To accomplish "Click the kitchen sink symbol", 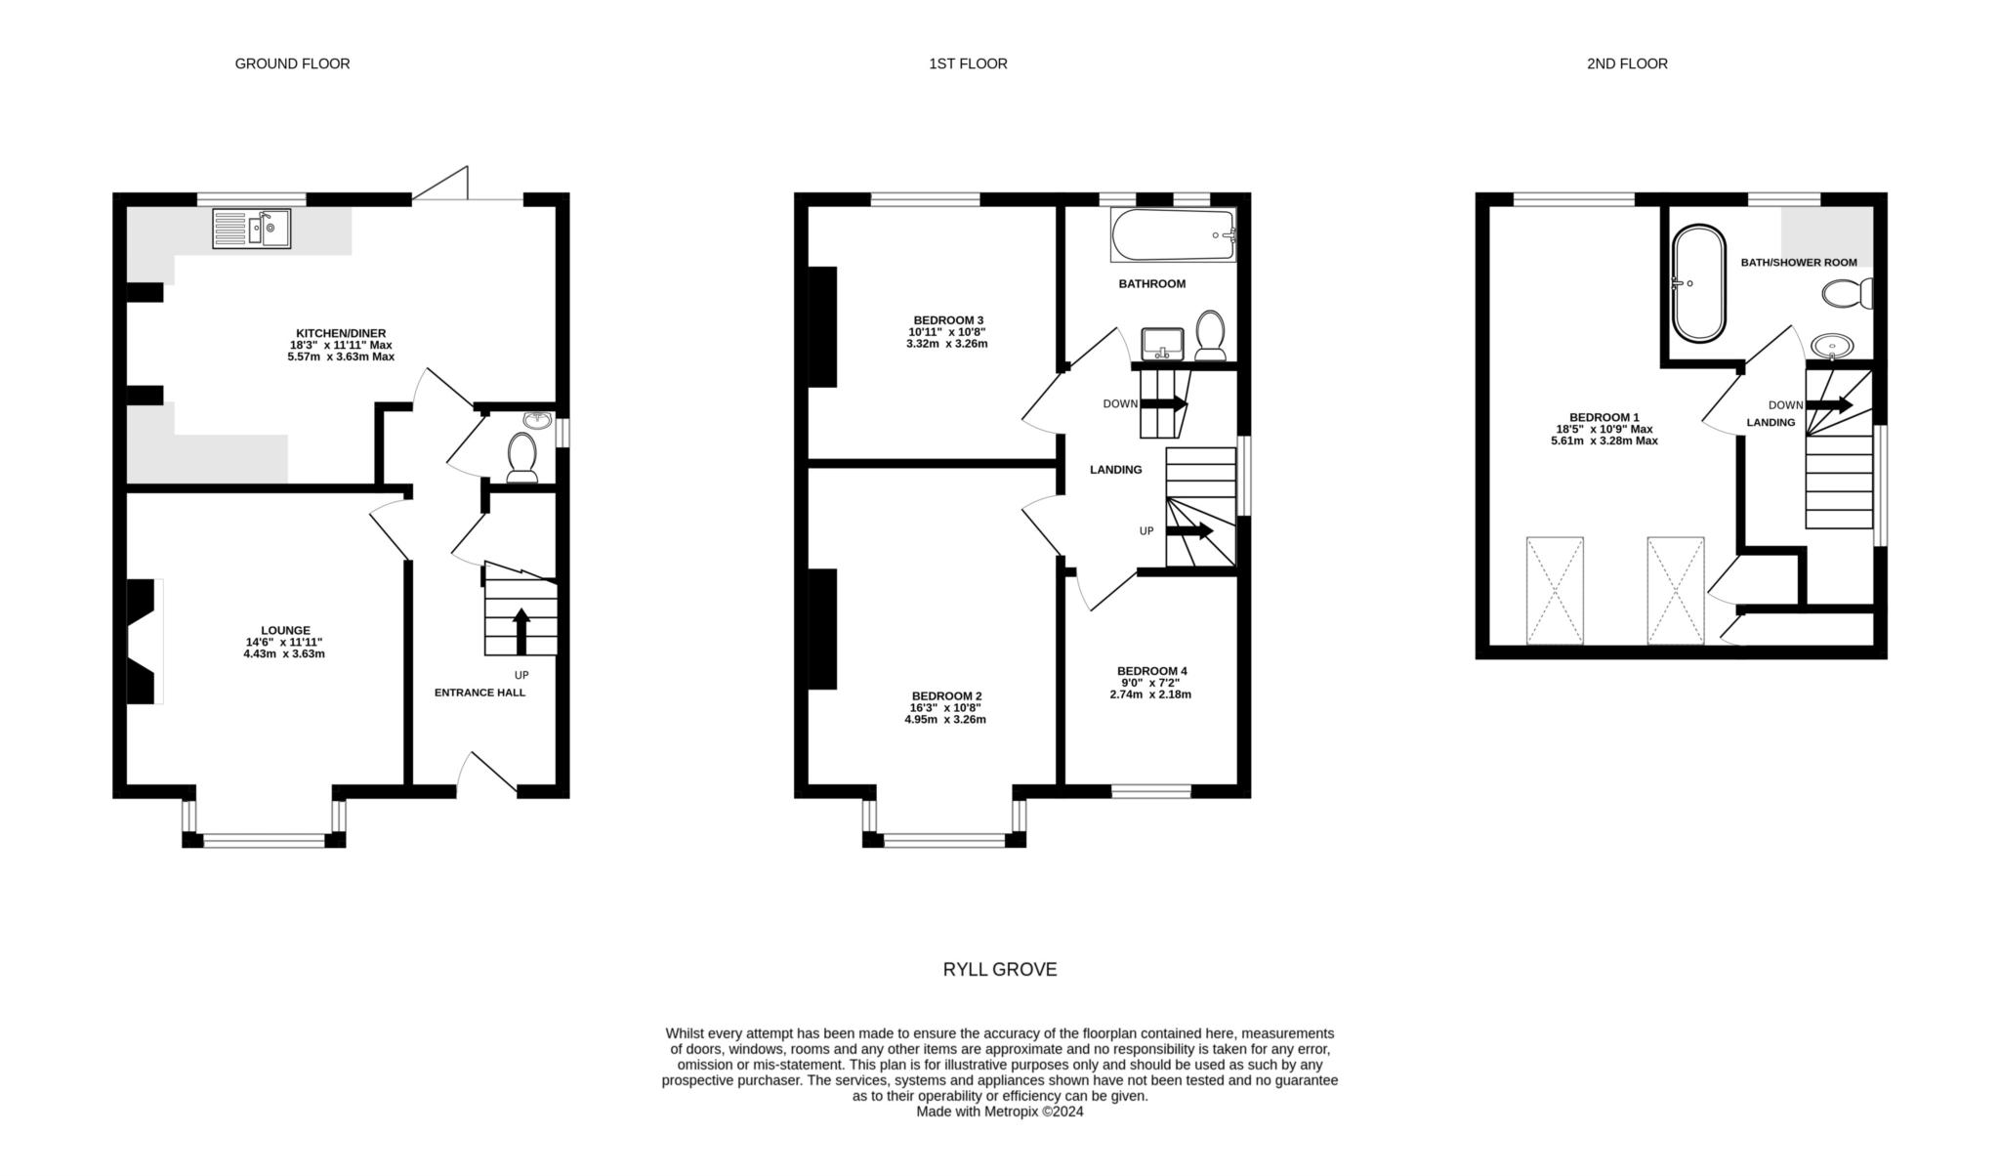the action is pos(252,229).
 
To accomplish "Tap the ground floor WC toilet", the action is pos(522,457).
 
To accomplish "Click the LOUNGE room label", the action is pos(285,631).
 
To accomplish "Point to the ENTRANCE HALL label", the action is pos(479,693).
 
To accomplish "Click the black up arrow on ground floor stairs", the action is pos(521,631).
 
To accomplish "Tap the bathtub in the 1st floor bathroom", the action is pos(1173,234).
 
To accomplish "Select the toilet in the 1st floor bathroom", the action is pos(1212,335).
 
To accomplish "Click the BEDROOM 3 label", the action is pos(948,320).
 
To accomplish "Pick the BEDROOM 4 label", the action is pos(1152,671).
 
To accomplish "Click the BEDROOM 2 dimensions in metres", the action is pos(945,720).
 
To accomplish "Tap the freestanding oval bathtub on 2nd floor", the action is pos(1698,284).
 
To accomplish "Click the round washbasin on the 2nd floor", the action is pos(1832,345).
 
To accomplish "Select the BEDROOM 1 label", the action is pos(1604,417).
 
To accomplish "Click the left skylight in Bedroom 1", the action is pos(1555,590).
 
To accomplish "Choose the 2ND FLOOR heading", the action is pos(1627,63).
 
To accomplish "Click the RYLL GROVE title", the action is pos(1000,970).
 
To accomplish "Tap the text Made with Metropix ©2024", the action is pos(1000,1112).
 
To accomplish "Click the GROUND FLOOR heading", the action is pos(292,63).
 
